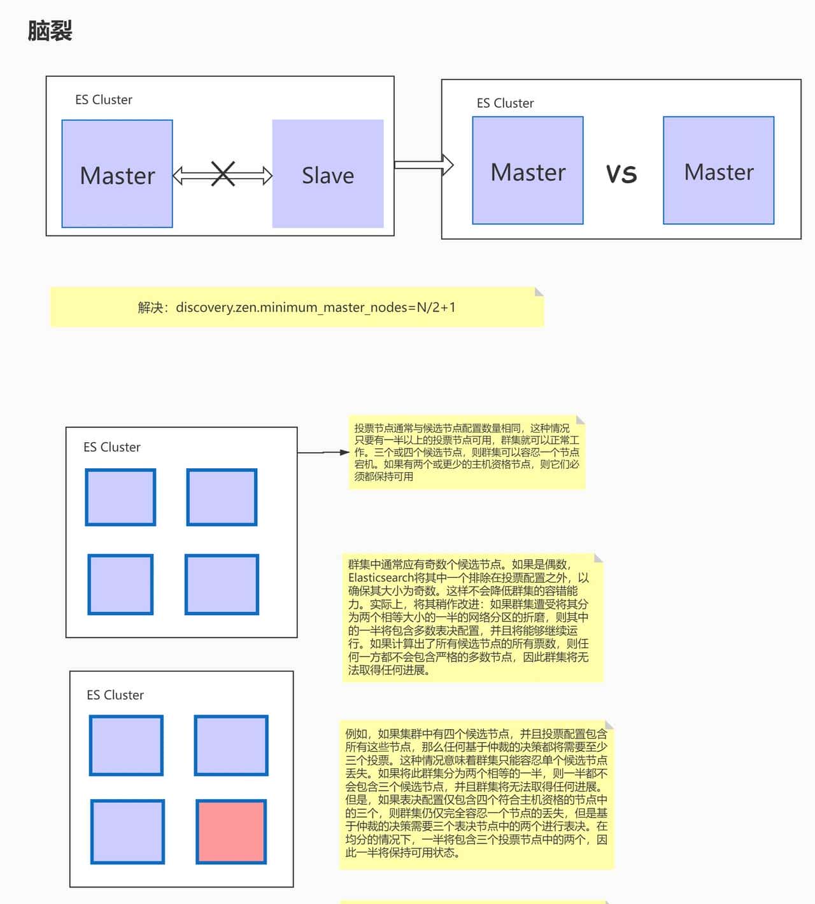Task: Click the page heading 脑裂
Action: (x=50, y=31)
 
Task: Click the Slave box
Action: (x=327, y=174)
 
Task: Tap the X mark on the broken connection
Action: (x=223, y=174)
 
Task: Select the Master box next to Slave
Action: (x=117, y=174)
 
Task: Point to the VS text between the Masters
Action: (x=621, y=174)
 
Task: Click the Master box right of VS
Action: (x=718, y=170)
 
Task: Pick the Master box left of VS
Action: (x=527, y=170)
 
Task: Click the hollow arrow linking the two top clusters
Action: (x=423, y=165)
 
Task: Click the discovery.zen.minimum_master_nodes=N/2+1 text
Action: (x=315, y=307)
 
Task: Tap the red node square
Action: (x=231, y=831)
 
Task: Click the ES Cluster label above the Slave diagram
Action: (x=104, y=100)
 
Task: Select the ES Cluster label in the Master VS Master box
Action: (x=505, y=103)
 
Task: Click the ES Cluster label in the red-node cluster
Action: (x=115, y=695)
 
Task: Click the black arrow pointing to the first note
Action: (x=323, y=452)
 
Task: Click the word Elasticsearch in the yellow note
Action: (x=381, y=578)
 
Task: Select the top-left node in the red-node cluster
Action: (x=126, y=745)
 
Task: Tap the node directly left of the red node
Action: (x=127, y=831)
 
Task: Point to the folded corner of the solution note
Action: (x=539, y=291)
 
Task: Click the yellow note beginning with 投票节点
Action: (x=467, y=452)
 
